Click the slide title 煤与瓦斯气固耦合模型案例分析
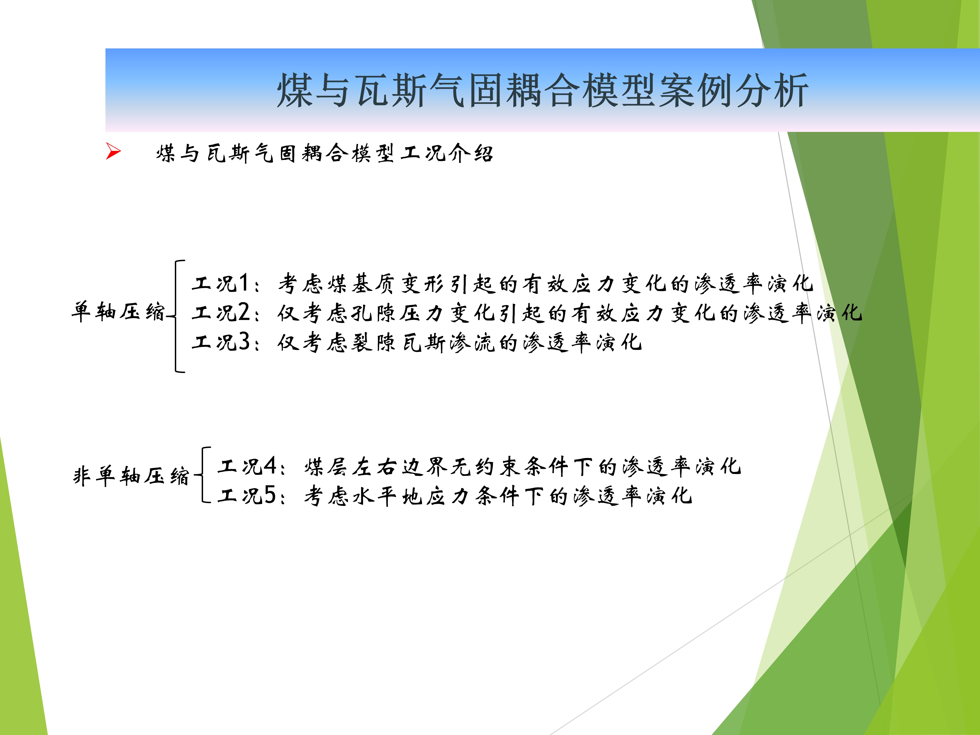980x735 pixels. tap(543, 90)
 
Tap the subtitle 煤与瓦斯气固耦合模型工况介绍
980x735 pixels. tap(324, 153)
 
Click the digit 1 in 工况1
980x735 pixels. tap(243, 283)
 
